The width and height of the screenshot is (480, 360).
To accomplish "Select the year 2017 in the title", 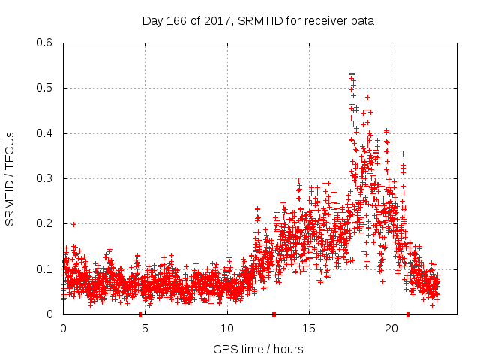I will [217, 19].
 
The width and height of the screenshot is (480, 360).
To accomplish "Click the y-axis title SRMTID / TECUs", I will [10, 178].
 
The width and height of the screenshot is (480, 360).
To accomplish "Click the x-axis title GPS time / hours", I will [258, 349].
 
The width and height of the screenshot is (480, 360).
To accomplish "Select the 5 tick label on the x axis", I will [145, 328].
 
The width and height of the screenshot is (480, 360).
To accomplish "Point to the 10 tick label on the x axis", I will [227, 328].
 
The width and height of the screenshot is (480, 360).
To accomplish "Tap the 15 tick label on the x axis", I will [309, 328].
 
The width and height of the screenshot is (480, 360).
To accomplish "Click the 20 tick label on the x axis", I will [391, 328].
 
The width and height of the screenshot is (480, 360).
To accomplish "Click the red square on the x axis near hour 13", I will [274, 314].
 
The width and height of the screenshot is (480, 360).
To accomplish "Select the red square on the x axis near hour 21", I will [407, 314].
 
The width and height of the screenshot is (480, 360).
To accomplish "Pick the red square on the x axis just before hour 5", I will [140, 314].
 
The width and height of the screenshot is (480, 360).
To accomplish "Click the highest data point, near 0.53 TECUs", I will [352, 73].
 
